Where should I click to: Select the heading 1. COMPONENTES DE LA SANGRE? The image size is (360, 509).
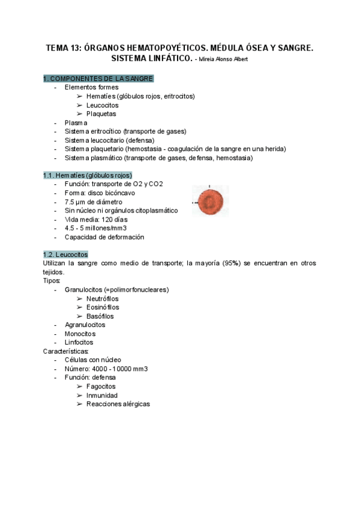tap(98, 79)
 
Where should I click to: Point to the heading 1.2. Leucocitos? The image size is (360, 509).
tap(65, 254)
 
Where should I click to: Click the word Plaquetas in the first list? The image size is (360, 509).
tap(101, 113)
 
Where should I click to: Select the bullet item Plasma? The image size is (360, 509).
tap(76, 122)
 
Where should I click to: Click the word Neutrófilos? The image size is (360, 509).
tap(103, 298)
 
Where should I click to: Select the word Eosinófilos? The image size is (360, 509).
tap(103, 307)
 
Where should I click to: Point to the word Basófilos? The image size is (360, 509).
tap(100, 316)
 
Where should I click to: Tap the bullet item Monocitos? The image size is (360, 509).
tap(80, 334)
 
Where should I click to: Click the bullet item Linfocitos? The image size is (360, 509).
tap(79, 342)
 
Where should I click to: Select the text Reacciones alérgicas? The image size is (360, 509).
tap(118, 404)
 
